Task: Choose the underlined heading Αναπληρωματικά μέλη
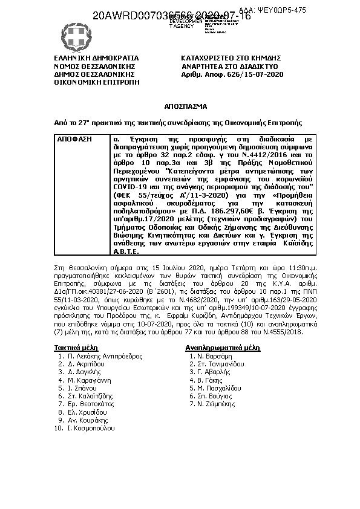(222, 348)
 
